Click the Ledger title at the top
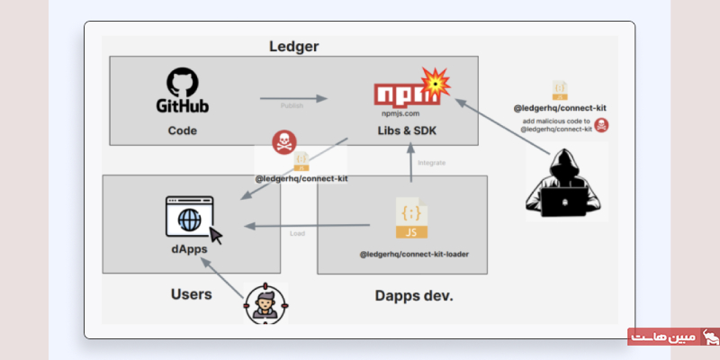click(294, 46)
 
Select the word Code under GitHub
click(182, 130)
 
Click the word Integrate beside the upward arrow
click(432, 163)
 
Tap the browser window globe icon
click(189, 218)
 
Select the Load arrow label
click(297, 234)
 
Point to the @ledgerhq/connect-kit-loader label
click(414, 254)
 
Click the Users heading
click(191, 294)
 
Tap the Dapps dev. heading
click(413, 294)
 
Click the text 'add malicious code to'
click(558, 120)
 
